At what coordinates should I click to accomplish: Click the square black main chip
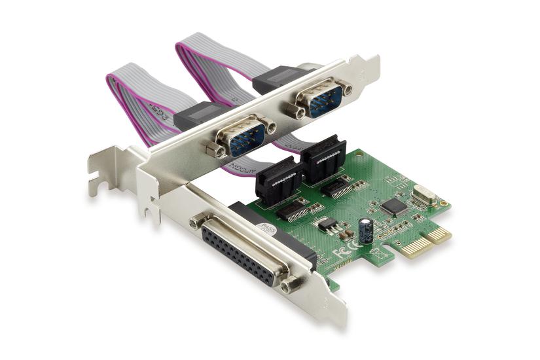[x=395, y=206]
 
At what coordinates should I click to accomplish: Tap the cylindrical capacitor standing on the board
[x=367, y=230]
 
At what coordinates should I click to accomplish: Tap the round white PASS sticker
[x=264, y=229]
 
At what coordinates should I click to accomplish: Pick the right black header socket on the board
[x=322, y=158]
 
